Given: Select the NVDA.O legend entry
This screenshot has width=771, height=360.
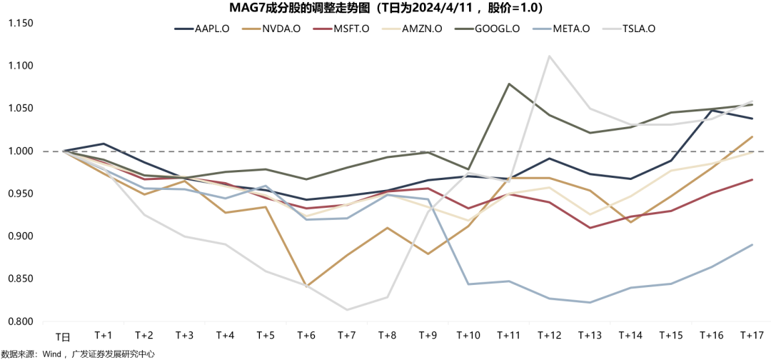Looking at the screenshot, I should (274, 29).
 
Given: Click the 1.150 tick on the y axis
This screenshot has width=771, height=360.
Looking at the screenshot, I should (21, 23).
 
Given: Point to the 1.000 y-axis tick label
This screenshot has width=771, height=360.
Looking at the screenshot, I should (21, 151).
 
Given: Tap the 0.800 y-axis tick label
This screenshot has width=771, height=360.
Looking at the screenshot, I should (21, 321).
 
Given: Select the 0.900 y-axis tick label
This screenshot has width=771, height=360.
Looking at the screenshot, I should (21, 236).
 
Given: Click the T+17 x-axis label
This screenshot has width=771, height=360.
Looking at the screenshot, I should (752, 335).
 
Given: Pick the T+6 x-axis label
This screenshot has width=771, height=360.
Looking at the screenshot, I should (306, 335).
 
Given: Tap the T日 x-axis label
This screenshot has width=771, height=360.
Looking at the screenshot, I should (64, 336).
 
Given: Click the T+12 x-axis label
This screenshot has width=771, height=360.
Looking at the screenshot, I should (549, 335).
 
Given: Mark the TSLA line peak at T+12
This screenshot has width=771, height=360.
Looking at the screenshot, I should (549, 56).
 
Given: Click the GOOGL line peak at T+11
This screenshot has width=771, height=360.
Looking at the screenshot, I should (509, 84).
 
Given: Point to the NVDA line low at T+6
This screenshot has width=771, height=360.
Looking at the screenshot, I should (306, 286).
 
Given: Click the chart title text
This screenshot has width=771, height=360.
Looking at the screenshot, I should (386, 9).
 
